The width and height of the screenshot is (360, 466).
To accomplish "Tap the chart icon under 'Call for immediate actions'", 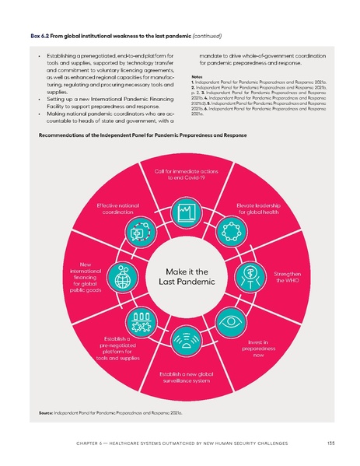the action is [185, 211].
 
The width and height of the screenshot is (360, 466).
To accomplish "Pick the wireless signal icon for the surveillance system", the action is [185, 340].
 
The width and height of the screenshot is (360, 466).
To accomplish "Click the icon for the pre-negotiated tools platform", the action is [141, 320].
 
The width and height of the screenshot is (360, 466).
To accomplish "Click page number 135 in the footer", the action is [331, 444].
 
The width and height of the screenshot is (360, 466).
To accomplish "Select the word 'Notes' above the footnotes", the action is [197, 78].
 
